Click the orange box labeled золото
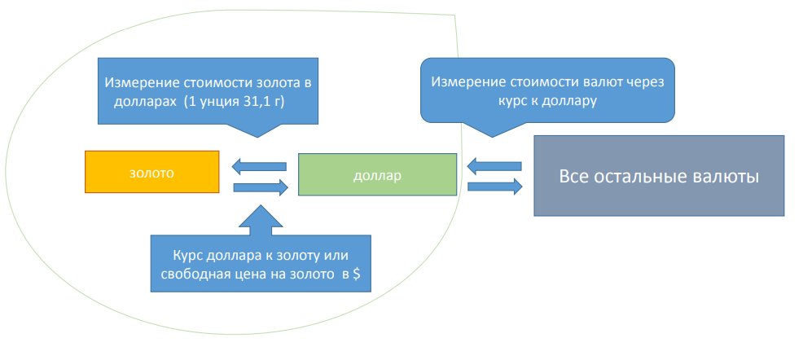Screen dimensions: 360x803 point(152,172)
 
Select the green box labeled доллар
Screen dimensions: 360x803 point(377,175)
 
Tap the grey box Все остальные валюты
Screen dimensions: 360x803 point(658,176)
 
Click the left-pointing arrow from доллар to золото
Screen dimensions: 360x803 point(259,166)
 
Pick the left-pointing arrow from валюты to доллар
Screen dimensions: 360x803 point(494,167)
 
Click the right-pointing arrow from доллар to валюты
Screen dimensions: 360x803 point(495,187)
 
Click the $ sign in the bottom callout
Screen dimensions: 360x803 point(357,275)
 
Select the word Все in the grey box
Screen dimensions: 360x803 point(575,176)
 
